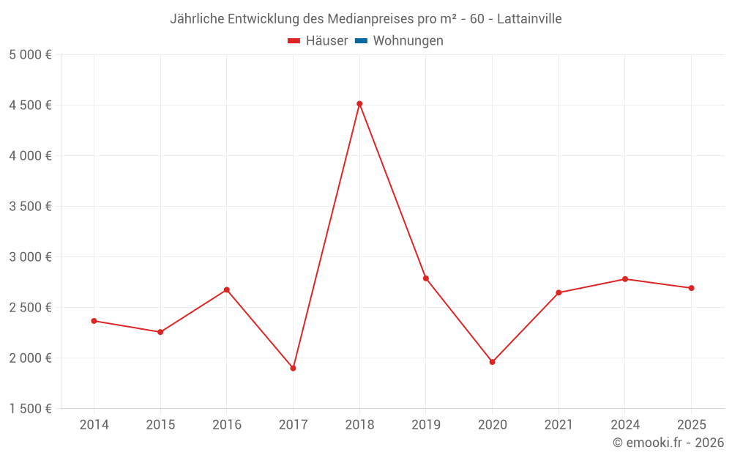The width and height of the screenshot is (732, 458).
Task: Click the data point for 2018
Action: coord(359,104)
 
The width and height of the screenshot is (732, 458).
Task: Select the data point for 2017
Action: coord(293,368)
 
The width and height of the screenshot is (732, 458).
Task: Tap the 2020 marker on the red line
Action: coord(492,362)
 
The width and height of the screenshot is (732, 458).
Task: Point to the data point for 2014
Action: coord(94,321)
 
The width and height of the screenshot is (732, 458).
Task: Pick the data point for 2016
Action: coord(227,289)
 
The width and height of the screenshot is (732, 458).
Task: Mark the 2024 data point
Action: coord(625,279)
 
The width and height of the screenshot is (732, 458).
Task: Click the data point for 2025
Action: coord(691,288)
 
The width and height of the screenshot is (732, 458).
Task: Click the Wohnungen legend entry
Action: coord(408,41)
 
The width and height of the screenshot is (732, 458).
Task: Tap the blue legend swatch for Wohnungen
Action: coord(361,41)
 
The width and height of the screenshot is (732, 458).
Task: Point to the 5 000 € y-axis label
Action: coord(30,55)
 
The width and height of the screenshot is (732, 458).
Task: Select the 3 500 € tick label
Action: coord(30,207)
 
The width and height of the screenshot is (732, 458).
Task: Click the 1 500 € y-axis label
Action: coord(30,409)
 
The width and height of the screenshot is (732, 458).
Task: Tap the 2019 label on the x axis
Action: coord(426,424)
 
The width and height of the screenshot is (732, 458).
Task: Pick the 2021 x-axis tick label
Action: coord(559,424)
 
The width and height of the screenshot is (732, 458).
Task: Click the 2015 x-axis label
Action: coord(160,424)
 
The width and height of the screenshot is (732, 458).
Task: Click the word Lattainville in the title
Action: coord(529,19)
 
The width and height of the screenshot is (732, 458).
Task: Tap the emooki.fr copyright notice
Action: coord(668,443)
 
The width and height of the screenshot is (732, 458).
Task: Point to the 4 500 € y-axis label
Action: coord(30,106)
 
